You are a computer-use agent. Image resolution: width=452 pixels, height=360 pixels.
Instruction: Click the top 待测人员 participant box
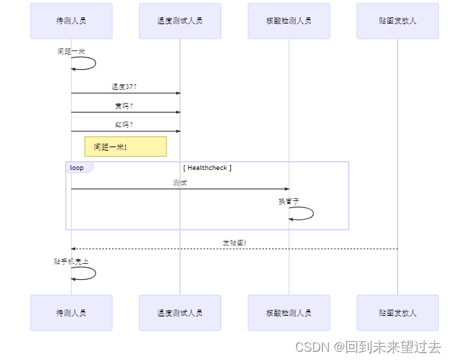coord(71,21)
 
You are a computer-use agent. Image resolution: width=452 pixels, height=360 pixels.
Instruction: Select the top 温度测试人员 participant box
coord(180,21)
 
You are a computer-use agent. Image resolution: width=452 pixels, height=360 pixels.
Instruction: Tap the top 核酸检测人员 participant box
coord(289,21)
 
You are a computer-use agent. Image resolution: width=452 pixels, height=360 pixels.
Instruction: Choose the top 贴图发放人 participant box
coord(397,21)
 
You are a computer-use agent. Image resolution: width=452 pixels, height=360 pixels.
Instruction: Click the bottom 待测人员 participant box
coord(71,313)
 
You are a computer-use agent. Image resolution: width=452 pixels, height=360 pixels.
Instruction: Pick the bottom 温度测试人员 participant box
coord(180,313)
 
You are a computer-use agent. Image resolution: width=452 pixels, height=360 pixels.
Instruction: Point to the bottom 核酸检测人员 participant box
coord(289,313)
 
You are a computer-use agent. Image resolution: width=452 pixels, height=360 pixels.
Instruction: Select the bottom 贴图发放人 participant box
coord(397,313)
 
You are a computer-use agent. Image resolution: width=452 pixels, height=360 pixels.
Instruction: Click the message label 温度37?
coord(124,87)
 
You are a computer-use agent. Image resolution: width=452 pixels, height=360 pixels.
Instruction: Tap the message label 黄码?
coord(124,106)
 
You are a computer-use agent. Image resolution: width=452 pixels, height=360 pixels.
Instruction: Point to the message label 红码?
coord(124,125)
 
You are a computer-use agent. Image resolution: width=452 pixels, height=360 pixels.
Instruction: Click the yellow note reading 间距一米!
coord(125,146)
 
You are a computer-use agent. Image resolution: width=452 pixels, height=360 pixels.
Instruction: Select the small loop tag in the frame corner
coord(77,167)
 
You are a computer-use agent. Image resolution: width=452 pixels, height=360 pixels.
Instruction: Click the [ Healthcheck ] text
coord(207,168)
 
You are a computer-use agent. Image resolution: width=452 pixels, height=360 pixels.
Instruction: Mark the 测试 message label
coord(180,182)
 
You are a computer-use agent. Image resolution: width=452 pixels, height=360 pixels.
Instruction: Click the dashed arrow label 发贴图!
coord(234,243)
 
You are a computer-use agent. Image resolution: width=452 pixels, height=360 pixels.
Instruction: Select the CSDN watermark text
coord(368,347)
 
